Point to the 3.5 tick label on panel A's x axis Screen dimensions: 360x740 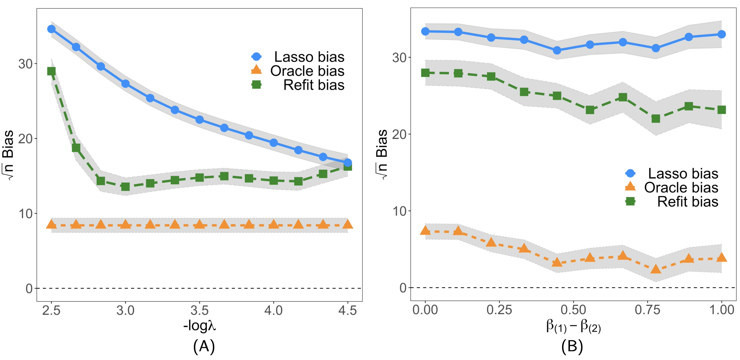[199, 311]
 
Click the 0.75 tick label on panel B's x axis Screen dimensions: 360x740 [647, 310]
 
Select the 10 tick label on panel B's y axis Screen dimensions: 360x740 [399, 212]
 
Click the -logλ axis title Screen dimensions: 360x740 [200, 326]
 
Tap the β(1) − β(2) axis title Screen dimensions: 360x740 [573, 327]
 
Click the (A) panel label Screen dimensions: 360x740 [204, 346]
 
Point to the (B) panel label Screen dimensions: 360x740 [572, 346]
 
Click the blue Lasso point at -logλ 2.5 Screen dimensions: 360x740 [51, 29]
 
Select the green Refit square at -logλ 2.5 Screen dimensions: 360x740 [51, 71]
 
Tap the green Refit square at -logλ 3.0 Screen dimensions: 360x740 [125, 187]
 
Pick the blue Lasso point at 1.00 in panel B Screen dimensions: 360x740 [722, 34]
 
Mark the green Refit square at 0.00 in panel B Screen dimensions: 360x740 [425, 73]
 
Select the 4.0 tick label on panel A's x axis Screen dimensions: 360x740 [273, 311]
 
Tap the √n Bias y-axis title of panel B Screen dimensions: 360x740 [382, 154]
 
